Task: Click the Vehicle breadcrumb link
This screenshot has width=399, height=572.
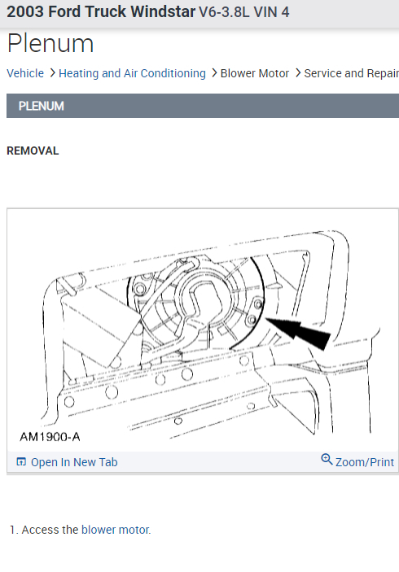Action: point(25,73)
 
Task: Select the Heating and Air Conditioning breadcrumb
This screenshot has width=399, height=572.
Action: point(132,73)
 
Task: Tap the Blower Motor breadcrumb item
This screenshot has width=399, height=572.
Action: point(255,73)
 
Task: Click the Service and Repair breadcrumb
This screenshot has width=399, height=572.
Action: point(352,73)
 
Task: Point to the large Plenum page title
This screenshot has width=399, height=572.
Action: point(50,44)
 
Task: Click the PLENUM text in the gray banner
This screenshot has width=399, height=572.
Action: point(42,106)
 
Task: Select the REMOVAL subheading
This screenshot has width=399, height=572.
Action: point(33,151)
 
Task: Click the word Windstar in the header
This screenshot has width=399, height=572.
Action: point(163,12)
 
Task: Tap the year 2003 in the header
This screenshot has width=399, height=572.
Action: point(25,12)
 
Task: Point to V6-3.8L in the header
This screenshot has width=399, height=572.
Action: point(224,12)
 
